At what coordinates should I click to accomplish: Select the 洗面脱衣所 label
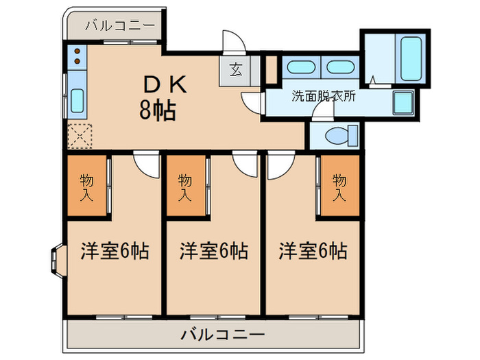point(324,97)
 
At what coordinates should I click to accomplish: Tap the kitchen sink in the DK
point(77,101)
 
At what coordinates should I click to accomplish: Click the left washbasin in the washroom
point(298,67)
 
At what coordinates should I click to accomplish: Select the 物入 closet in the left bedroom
point(86,187)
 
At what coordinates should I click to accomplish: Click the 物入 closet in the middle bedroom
point(185,187)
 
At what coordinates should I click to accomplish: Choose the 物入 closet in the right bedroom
point(339,187)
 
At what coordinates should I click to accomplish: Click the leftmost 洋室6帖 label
point(115,251)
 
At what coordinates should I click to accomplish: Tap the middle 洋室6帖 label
point(214,251)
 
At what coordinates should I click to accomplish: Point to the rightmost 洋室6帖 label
point(313,251)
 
